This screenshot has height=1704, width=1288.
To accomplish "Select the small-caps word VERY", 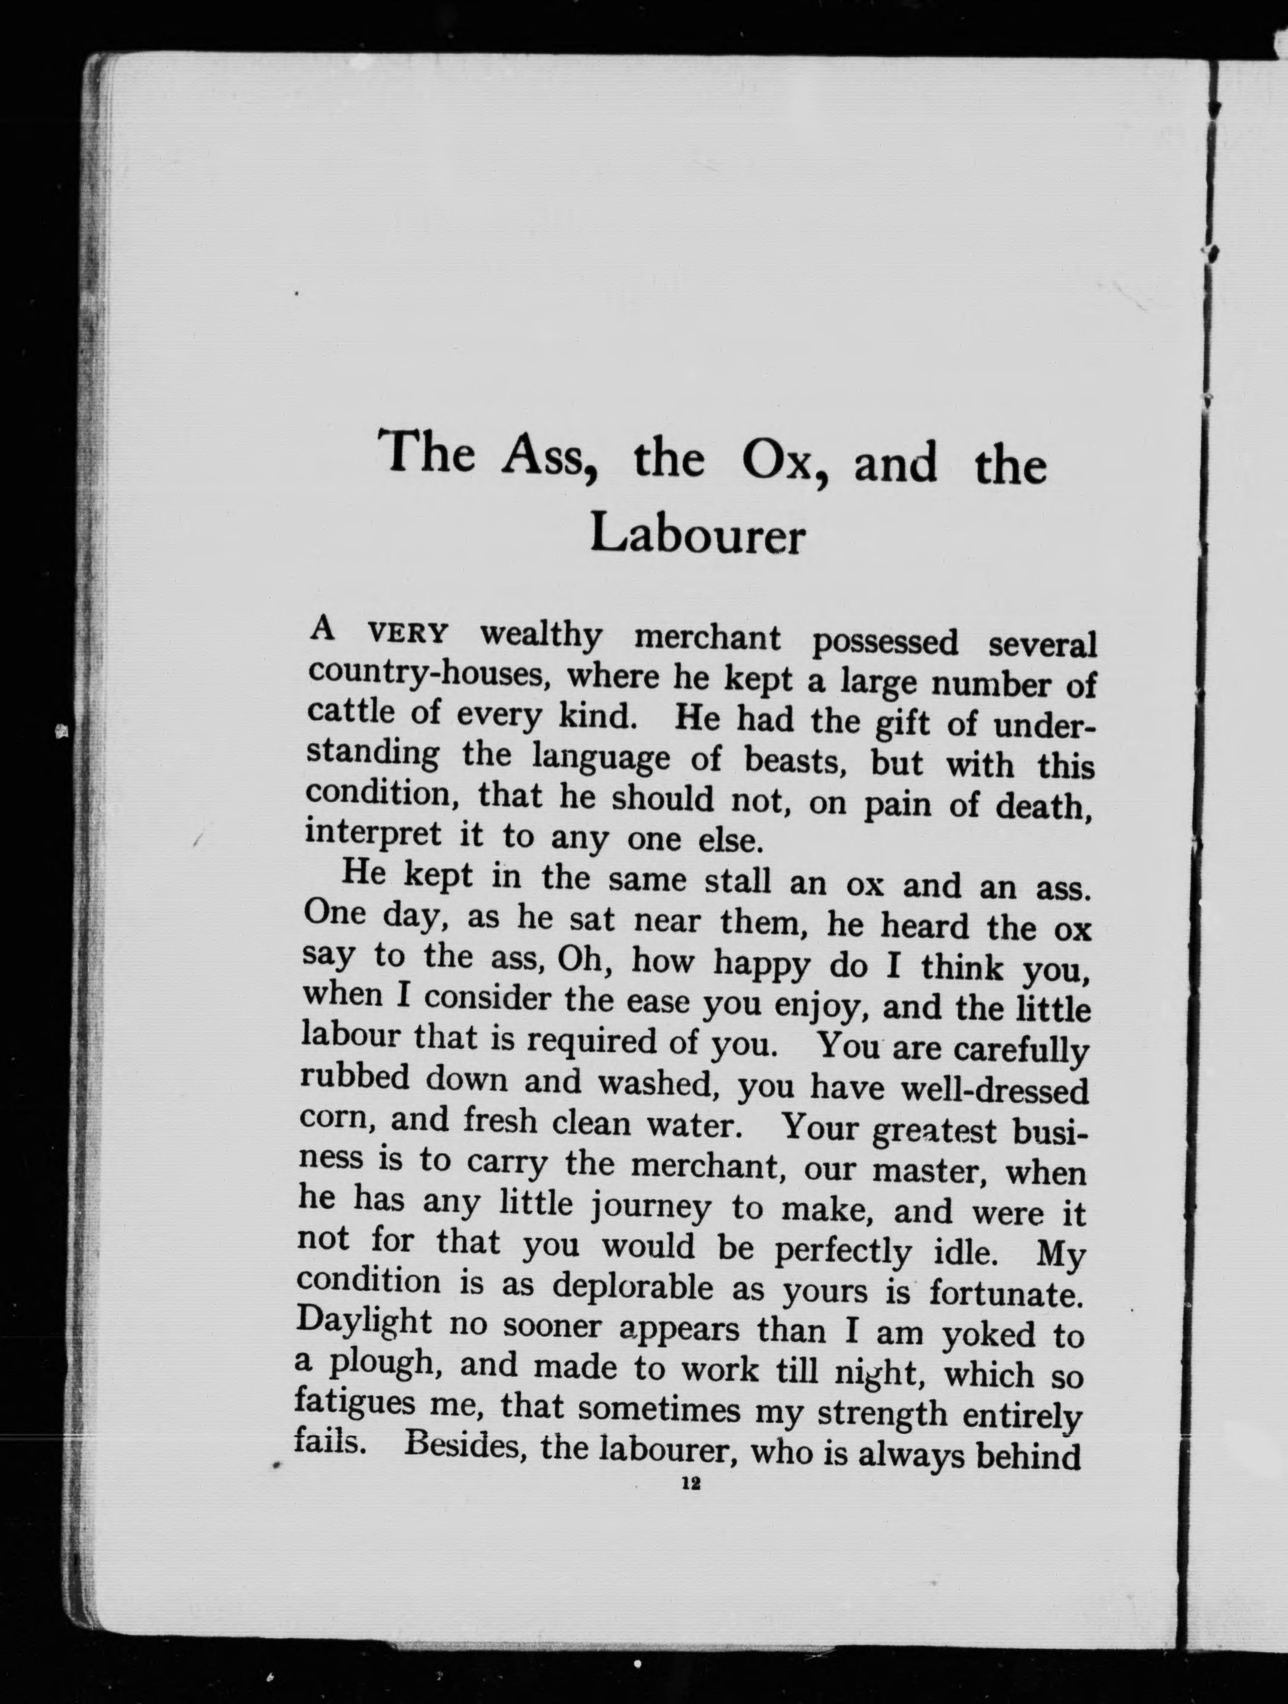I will [x=408, y=634].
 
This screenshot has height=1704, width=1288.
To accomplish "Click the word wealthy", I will [x=541, y=635].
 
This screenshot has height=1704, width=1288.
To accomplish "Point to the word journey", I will [x=651, y=1208].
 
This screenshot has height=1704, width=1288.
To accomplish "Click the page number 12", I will [x=689, y=1484].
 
